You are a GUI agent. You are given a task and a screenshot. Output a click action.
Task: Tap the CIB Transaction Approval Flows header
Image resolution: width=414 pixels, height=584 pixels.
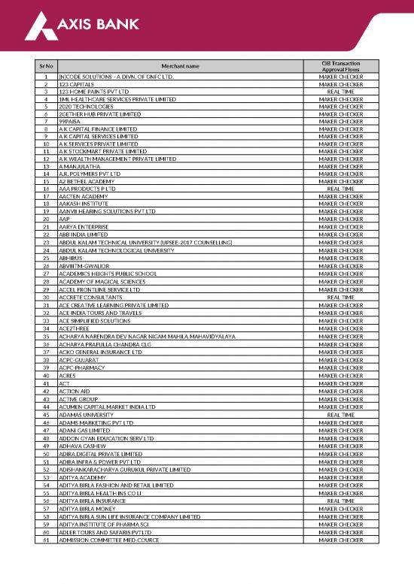(x=340, y=67)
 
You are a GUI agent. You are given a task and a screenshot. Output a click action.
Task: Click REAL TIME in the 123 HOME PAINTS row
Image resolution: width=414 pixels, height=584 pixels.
(x=340, y=92)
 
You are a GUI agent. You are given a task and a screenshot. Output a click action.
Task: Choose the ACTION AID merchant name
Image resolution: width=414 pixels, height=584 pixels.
(x=75, y=392)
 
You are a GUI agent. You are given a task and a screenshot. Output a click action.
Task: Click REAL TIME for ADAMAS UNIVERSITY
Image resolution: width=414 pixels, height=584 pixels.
(x=340, y=415)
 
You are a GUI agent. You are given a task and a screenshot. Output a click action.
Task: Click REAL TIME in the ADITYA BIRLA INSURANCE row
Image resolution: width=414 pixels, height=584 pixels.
(x=340, y=501)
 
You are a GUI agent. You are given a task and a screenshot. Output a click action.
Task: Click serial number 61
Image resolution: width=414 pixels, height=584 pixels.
(x=46, y=540)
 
